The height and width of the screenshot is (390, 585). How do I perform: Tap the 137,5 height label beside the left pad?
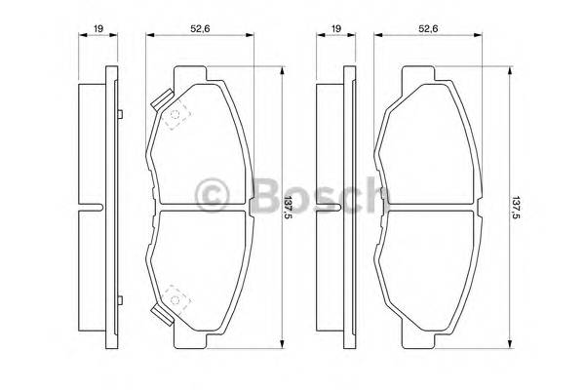288,207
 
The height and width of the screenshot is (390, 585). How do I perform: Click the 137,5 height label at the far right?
518,207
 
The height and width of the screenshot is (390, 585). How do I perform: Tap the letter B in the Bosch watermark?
264,195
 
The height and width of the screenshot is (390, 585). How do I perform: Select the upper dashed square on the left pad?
176,118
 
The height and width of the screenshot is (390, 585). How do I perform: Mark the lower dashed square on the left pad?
176,295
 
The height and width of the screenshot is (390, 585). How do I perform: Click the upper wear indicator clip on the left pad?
161,100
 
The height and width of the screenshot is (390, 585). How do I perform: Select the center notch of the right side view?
333,208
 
